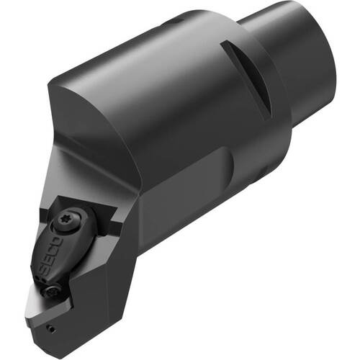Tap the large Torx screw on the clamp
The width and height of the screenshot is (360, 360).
click(x=66, y=220)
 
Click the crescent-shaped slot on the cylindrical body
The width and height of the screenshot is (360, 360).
click(x=247, y=79)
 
